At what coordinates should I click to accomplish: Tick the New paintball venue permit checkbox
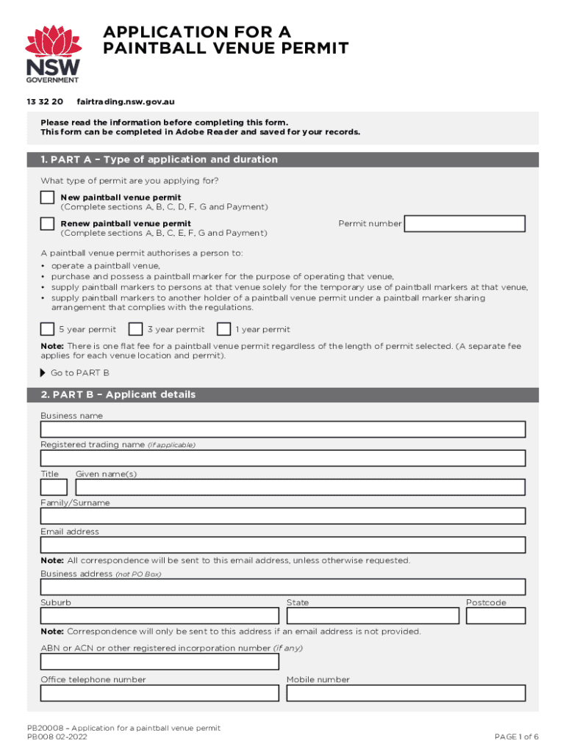coord(47,198)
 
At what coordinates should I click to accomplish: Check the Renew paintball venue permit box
coord(47,223)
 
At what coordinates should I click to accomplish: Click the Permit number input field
coord(465,224)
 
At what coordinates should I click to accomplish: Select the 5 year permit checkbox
coord(47,329)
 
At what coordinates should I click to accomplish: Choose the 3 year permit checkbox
coord(135,329)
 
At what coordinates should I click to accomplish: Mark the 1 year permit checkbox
coord(223,329)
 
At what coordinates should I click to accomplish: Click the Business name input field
coord(283,430)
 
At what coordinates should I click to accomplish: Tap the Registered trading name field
coord(283,458)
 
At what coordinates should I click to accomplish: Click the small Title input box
coord(54,487)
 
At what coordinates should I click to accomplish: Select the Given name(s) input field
coord(300,487)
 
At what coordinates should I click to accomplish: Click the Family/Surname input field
coord(283,516)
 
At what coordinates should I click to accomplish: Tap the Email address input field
coord(283,545)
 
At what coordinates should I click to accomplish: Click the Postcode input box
coord(495,616)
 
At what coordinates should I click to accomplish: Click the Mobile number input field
coord(406,693)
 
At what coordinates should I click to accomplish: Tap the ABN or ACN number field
coord(160,662)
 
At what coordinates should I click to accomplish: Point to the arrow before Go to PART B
coord(43,372)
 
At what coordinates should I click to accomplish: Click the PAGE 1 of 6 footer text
coord(517,737)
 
